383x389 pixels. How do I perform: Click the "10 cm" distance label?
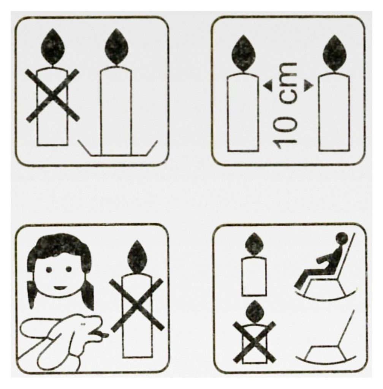285,105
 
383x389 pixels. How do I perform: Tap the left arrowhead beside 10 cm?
267,86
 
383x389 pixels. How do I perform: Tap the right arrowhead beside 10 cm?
308,86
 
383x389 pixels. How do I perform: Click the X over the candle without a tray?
52,96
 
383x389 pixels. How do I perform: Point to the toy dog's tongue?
103,335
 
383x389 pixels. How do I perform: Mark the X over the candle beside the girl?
137,305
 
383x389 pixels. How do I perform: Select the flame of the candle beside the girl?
137,257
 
